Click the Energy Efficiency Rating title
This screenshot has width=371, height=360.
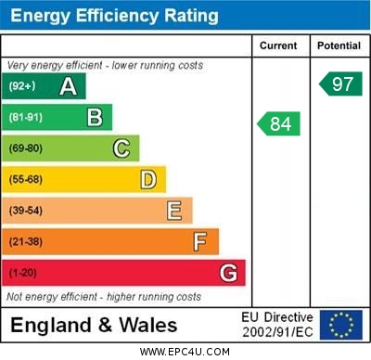click(x=113, y=16)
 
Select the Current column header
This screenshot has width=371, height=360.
click(x=278, y=45)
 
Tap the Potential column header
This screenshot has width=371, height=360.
click(x=339, y=45)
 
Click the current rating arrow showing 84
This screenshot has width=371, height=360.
click(x=279, y=123)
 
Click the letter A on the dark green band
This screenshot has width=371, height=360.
click(x=68, y=86)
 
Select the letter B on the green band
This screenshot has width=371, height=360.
click(x=95, y=117)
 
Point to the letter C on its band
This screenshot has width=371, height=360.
click(x=122, y=148)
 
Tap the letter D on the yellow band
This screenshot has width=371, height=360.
click(x=148, y=179)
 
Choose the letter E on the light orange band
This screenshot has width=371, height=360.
click(x=174, y=211)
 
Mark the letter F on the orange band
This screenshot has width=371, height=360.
click(x=200, y=241)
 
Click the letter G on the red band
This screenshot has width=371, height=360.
click(x=228, y=273)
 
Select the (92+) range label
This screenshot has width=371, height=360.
click(x=22, y=86)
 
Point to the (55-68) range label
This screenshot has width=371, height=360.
click(x=26, y=180)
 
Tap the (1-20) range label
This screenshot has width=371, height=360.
click(x=23, y=274)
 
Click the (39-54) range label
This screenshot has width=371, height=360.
click(x=26, y=211)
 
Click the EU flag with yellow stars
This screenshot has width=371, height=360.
click(x=341, y=325)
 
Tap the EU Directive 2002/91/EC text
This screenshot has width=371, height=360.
click(x=277, y=325)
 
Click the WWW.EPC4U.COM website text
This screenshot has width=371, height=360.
click(x=185, y=352)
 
